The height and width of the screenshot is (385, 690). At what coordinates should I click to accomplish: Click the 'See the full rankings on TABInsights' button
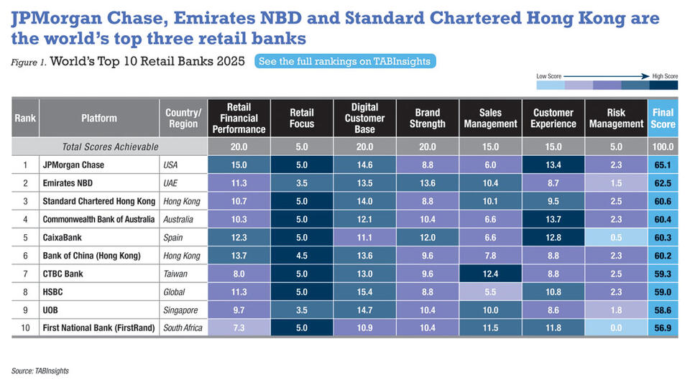pyautogui.click(x=344, y=61)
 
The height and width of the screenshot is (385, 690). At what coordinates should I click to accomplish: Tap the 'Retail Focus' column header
pyautogui.click(x=302, y=118)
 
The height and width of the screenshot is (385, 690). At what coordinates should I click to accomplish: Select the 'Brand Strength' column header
pyautogui.click(x=427, y=118)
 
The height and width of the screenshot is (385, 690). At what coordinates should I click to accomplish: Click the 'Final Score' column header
pyautogui.click(x=663, y=118)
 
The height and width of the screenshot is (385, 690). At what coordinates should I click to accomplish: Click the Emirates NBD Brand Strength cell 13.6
pyautogui.click(x=427, y=182)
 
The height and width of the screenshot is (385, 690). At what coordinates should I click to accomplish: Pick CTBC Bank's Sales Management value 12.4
pyautogui.click(x=490, y=274)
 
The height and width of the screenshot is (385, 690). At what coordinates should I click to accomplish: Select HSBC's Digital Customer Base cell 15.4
pyautogui.click(x=364, y=292)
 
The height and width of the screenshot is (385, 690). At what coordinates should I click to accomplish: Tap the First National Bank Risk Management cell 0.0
pyautogui.click(x=616, y=328)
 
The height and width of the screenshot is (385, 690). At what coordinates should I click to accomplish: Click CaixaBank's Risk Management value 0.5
pyautogui.click(x=616, y=237)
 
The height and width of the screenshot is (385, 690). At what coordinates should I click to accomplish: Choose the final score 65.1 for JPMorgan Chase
pyautogui.click(x=663, y=164)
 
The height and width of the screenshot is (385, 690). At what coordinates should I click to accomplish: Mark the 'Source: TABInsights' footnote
pyautogui.click(x=40, y=371)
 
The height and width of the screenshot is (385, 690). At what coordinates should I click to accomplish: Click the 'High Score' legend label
pyautogui.click(x=664, y=75)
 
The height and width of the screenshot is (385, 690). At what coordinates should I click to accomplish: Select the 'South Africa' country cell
pyautogui.click(x=183, y=328)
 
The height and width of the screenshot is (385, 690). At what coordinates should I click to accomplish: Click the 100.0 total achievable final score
pyautogui.click(x=663, y=147)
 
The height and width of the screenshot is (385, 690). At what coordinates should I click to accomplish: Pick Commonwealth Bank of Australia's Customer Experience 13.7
pyautogui.click(x=553, y=219)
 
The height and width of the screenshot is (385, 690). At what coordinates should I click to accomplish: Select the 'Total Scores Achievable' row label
pyautogui.click(x=110, y=147)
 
